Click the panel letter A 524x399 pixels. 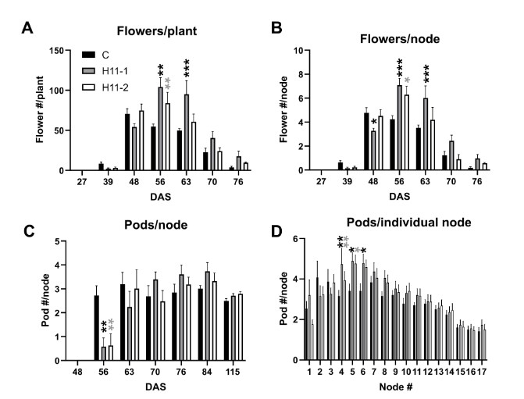click(x=27, y=29)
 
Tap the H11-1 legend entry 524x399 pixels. click(x=105, y=71)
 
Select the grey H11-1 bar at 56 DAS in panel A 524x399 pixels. click(x=161, y=129)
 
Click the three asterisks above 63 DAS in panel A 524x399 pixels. click(x=187, y=69)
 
